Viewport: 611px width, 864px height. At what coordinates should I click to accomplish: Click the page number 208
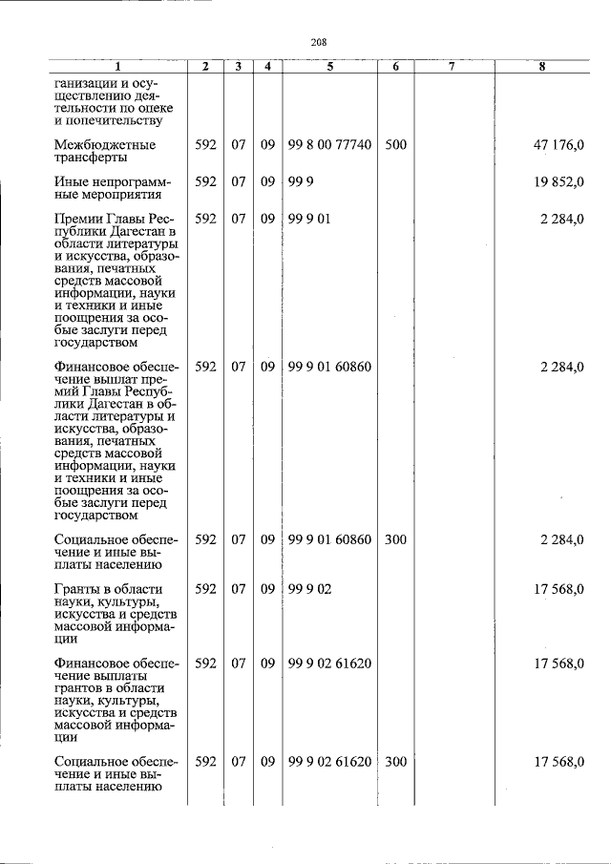pos(319,42)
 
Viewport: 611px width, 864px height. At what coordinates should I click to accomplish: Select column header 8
pos(541,67)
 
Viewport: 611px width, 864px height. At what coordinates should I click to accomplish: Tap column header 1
pos(118,67)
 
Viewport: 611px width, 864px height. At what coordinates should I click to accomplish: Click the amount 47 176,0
pos(560,145)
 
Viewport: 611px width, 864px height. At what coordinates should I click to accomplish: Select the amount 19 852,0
pos(560,181)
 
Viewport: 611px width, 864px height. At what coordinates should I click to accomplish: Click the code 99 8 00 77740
pos(329,145)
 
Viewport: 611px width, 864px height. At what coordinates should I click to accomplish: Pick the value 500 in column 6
pos(395,145)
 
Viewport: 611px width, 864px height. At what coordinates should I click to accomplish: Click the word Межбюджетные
pos(105,145)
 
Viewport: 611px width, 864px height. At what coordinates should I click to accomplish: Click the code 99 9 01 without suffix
pos(308,219)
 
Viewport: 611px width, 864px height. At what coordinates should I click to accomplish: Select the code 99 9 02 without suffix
pos(308,590)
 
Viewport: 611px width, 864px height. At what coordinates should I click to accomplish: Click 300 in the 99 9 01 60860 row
pos(395,540)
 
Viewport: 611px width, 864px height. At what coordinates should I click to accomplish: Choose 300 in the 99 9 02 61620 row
pos(395,762)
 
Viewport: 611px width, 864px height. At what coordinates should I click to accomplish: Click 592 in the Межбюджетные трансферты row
pos(205,145)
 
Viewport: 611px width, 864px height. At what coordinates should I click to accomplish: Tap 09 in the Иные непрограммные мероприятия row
pos(267,181)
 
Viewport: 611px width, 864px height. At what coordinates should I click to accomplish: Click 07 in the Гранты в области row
pos(239,590)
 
